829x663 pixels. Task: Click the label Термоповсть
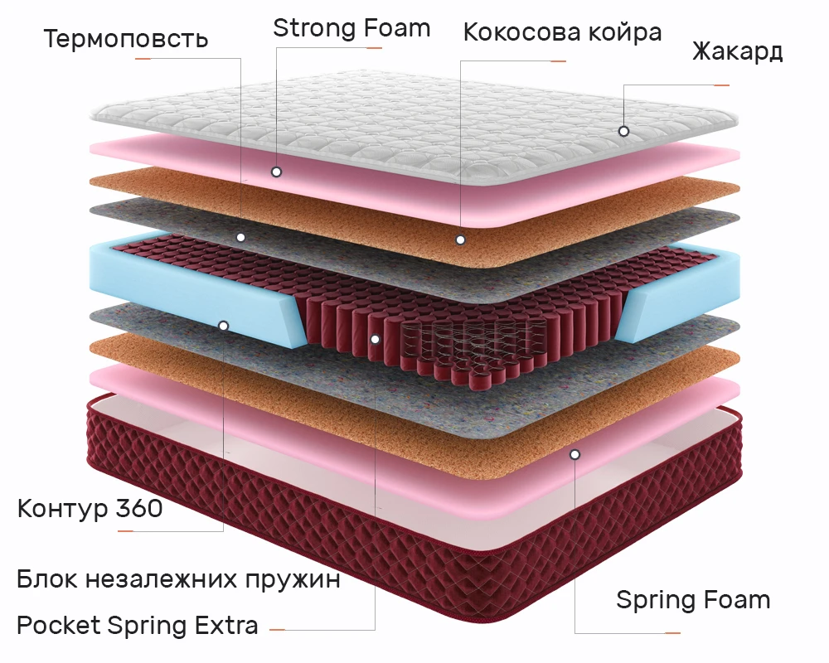[126, 39]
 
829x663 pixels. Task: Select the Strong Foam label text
[351, 28]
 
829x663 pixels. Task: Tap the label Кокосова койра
[562, 33]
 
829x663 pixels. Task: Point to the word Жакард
[737, 51]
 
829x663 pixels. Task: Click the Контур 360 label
[90, 508]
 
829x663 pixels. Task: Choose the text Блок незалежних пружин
[178, 579]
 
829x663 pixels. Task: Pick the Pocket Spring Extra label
[138, 625]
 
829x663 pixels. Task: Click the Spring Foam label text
[693, 599]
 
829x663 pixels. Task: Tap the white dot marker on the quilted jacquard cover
[623, 131]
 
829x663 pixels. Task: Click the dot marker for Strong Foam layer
[276, 172]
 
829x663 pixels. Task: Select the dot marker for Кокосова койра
[460, 240]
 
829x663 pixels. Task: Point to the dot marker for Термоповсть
[240, 237]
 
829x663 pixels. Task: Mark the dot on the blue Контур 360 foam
[223, 326]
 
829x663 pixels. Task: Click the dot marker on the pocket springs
[376, 339]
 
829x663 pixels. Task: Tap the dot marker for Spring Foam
[574, 454]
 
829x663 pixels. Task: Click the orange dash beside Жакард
[721, 85]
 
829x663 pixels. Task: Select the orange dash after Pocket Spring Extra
[277, 630]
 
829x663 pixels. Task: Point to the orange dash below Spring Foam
[672, 634]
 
